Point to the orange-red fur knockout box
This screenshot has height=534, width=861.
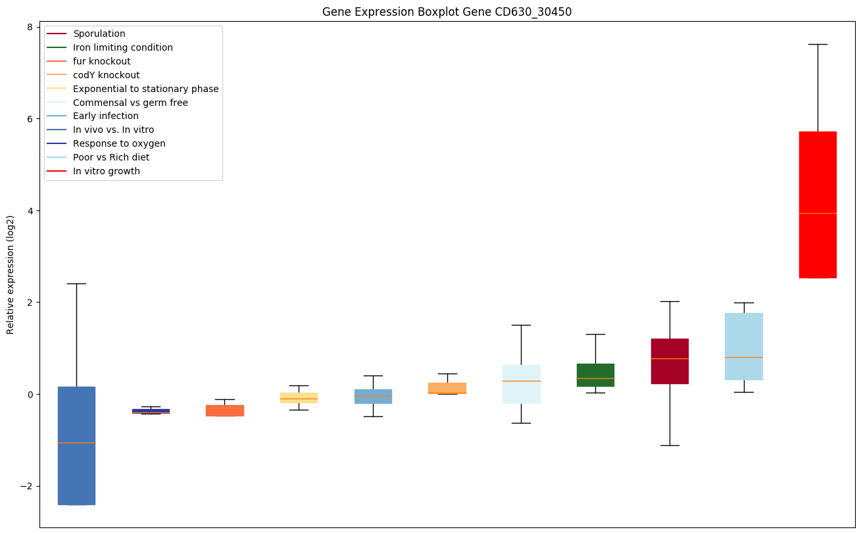(225, 410)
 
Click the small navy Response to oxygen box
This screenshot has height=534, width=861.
(151, 411)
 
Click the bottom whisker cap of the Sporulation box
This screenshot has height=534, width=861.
(670, 445)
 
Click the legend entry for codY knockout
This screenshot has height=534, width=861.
(106, 75)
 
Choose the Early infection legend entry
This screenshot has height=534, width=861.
(105, 116)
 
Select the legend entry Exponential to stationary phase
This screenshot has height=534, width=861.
(145, 89)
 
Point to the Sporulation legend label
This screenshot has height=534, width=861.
(99, 34)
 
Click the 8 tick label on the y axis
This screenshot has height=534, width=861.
(30, 27)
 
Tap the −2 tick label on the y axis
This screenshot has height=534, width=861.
(27, 486)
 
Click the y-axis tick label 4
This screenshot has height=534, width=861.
(30, 210)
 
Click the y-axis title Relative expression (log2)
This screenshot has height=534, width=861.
(11, 274)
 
